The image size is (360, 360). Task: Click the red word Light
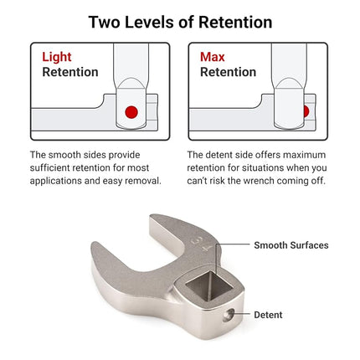click(57, 57)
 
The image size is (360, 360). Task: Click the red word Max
click(213, 57)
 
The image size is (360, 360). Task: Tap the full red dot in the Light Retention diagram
click(131, 112)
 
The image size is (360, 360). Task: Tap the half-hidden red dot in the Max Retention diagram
click(306, 111)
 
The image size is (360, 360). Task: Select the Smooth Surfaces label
click(291, 245)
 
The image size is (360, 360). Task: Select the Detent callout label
click(268, 315)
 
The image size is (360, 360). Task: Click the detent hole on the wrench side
click(229, 315)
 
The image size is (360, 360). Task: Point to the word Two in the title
click(105, 22)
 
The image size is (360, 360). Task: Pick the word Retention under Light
click(70, 72)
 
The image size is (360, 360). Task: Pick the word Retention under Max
click(229, 72)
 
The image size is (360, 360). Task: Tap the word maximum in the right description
click(304, 155)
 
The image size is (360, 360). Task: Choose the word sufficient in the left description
click(50, 167)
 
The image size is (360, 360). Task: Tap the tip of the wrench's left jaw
click(95, 244)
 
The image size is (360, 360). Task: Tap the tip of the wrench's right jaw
click(153, 217)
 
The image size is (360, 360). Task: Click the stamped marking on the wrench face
click(199, 244)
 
